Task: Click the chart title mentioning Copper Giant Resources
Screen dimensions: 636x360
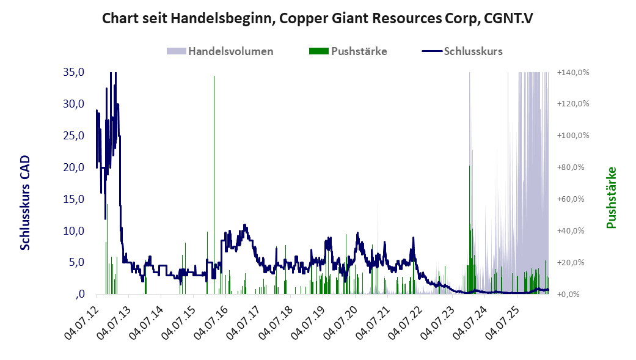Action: click(x=317, y=19)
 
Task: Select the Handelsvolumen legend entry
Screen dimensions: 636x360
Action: click(x=220, y=51)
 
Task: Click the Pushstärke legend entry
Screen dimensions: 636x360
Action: click(x=348, y=51)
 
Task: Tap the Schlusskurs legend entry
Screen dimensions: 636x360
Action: click(x=462, y=51)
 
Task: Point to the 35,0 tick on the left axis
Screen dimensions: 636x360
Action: click(x=73, y=72)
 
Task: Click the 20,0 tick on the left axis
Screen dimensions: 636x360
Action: click(x=73, y=167)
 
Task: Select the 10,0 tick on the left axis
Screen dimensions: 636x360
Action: click(x=73, y=230)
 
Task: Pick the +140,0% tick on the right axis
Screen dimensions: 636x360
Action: click(x=572, y=72)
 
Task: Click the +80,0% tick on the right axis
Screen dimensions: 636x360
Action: click(x=571, y=167)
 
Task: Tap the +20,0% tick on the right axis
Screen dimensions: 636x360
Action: click(x=571, y=262)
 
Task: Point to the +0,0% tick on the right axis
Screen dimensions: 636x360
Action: click(x=569, y=294)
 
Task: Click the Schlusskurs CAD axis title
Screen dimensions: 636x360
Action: click(x=25, y=202)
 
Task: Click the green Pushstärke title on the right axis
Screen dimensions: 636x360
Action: click(x=611, y=197)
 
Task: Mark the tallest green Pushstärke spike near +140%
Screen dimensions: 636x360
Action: click(x=214, y=185)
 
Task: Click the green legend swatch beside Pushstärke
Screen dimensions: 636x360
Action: click(x=318, y=51)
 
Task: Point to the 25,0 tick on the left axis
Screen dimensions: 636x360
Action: click(x=73, y=136)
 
